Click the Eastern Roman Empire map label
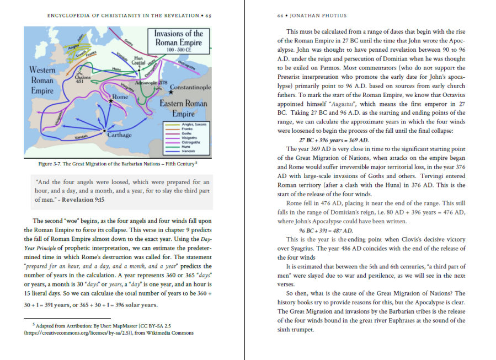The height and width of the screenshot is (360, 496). click(183, 109)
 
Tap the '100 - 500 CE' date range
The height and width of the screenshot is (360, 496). click(178, 51)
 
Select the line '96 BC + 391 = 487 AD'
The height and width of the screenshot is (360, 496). click(326, 230)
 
